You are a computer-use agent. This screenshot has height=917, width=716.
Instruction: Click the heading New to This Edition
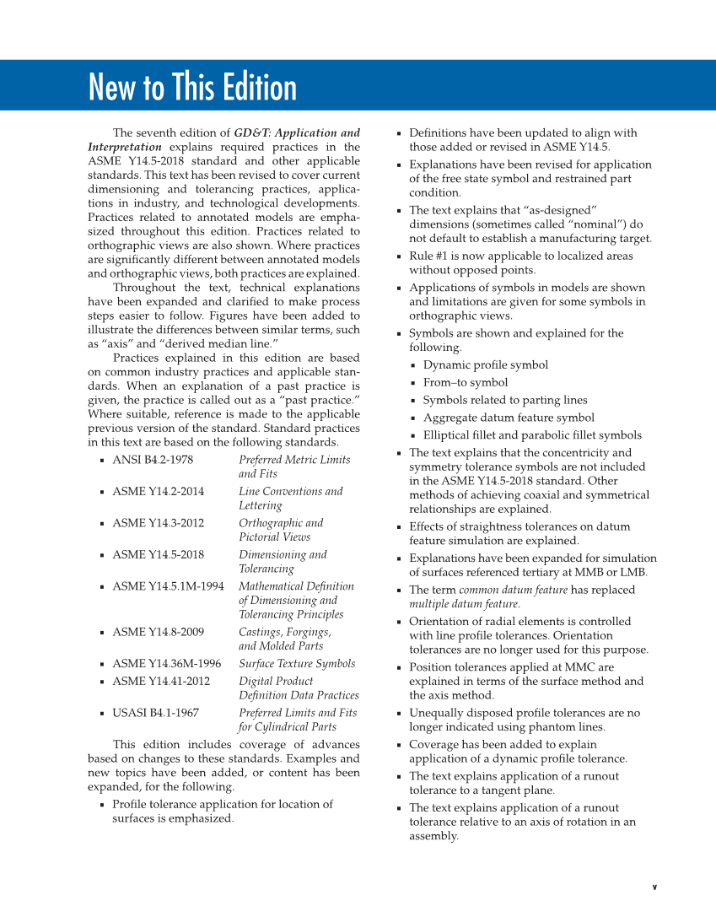click(192, 87)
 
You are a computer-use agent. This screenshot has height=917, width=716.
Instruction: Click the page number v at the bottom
click(654, 887)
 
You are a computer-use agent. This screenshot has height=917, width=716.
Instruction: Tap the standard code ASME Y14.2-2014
click(158, 492)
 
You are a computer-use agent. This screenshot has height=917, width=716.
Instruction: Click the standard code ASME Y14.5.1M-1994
click(168, 586)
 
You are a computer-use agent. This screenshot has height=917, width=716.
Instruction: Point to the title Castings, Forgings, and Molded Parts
click(285, 639)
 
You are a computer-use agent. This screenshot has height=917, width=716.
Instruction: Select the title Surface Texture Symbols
click(297, 664)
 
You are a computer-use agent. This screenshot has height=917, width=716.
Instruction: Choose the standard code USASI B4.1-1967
click(155, 713)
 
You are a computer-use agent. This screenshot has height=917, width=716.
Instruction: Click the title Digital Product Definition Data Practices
click(299, 688)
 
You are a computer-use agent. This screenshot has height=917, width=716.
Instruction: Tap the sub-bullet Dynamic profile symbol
click(485, 365)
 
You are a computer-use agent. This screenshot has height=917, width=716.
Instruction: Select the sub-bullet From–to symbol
click(465, 383)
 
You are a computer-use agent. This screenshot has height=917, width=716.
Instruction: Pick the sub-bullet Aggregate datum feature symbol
click(508, 418)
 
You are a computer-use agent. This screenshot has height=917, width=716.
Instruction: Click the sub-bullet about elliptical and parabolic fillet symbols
click(531, 435)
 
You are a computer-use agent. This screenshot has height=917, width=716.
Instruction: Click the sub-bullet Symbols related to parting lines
click(504, 401)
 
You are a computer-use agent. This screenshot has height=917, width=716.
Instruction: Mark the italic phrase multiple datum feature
click(464, 604)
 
